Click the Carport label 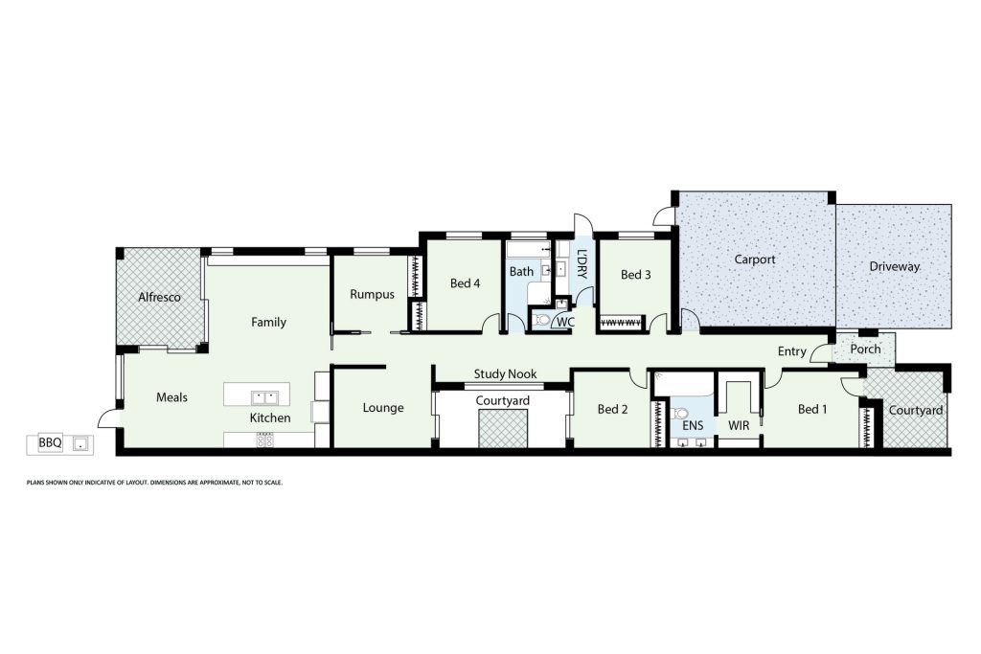[x=755, y=259]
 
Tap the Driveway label [x=894, y=266]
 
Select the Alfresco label [x=159, y=297]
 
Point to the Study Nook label [x=505, y=373]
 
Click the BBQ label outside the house [x=50, y=442]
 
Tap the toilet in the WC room [x=542, y=321]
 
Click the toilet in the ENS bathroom [x=679, y=414]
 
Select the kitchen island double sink [x=264, y=397]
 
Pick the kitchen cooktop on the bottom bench [x=264, y=440]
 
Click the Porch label [x=865, y=349]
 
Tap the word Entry [x=792, y=351]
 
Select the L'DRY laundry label [x=582, y=264]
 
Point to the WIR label [x=739, y=426]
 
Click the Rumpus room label [x=372, y=295]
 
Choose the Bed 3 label [x=636, y=275]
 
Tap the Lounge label [x=383, y=408]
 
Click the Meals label [x=171, y=397]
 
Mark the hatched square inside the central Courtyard [x=503, y=429]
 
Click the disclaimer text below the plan [x=154, y=483]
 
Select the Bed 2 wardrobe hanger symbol [x=657, y=424]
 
